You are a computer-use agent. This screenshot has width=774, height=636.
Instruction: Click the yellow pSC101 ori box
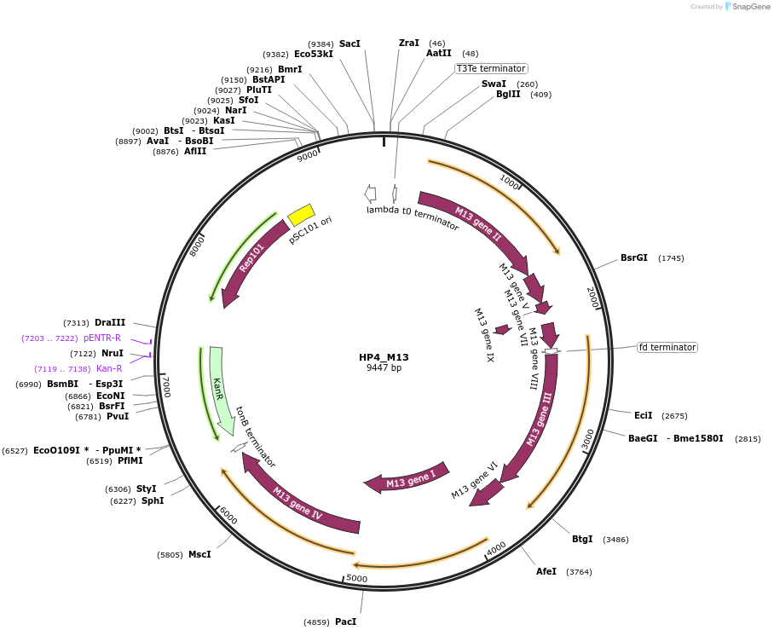(302, 215)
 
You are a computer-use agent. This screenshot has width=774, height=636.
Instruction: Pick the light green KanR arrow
(222, 392)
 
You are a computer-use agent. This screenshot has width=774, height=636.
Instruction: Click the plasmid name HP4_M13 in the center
(384, 357)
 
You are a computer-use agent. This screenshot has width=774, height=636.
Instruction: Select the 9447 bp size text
(384, 368)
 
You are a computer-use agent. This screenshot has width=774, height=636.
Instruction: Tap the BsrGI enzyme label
(634, 257)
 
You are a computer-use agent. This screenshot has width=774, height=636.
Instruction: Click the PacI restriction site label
(345, 622)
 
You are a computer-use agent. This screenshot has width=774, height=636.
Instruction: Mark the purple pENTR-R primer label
(102, 338)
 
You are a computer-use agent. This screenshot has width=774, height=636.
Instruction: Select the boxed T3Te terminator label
(491, 68)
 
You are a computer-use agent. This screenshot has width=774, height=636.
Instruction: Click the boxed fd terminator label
(667, 347)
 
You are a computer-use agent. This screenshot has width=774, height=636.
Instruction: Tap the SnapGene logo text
(751, 7)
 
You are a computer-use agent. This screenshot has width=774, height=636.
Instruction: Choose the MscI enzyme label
(199, 554)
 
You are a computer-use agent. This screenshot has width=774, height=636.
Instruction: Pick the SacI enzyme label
(349, 43)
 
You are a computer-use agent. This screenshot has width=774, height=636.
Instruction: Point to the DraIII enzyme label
(110, 322)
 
